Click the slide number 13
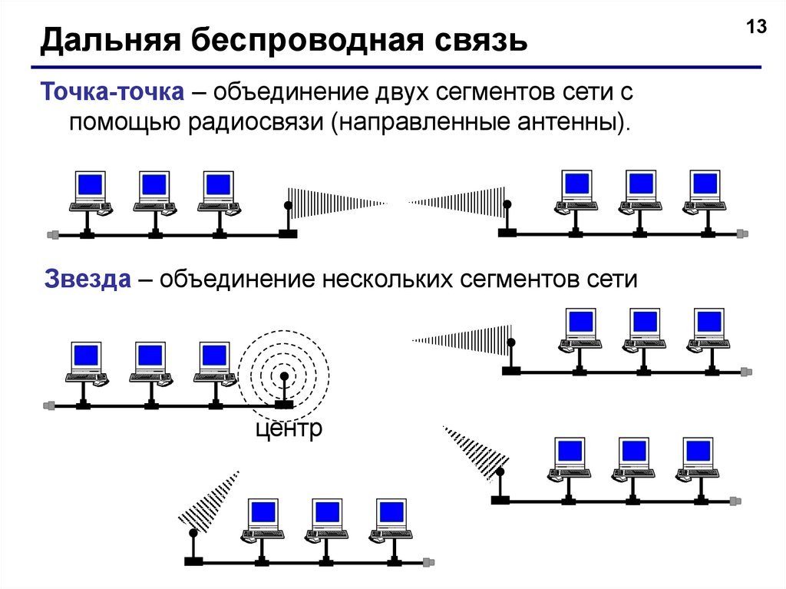[x=756, y=28]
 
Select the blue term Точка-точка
[x=113, y=93]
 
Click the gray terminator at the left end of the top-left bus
[x=52, y=234]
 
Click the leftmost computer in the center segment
[x=86, y=362]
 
